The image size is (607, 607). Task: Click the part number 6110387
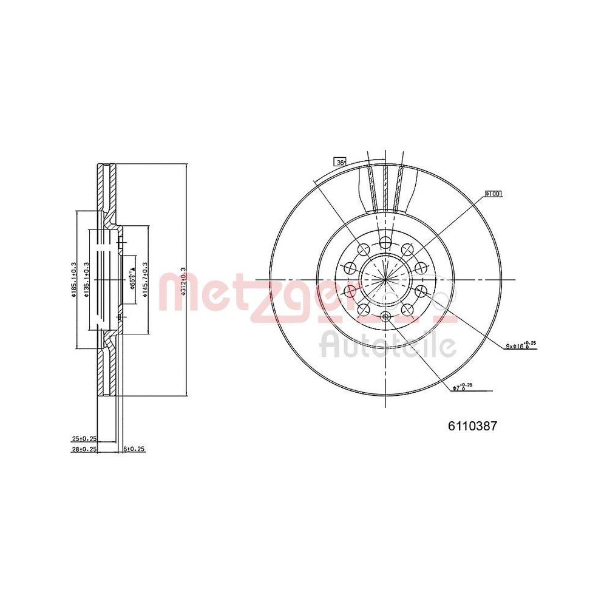(472, 427)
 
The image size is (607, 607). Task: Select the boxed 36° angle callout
(340, 162)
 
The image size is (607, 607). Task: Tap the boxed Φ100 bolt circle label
(493, 194)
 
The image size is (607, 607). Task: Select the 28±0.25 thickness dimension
(84, 449)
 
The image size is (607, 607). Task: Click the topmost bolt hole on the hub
(385, 244)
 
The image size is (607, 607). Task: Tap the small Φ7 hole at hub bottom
(385, 316)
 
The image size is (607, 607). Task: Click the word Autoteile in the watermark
(388, 347)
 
